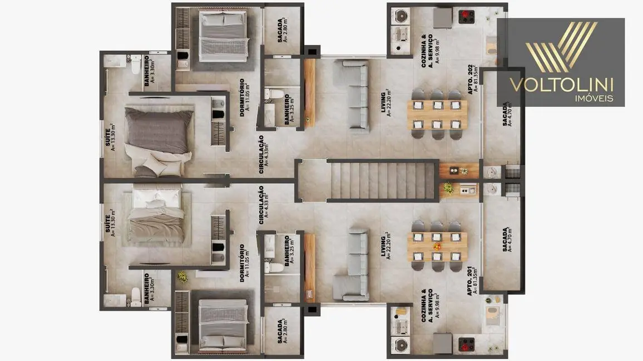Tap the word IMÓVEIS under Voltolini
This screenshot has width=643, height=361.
tap(593, 98)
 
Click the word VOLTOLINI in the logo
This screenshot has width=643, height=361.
tap(561, 84)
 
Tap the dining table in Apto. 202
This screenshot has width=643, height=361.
tap(438, 114)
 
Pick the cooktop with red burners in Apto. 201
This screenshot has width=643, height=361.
tap(466, 343)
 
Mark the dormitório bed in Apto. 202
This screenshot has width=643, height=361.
tap(222, 32)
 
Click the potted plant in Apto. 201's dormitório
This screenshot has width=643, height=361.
tap(182, 277)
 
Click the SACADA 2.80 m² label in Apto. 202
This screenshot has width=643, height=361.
tap(282, 31)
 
